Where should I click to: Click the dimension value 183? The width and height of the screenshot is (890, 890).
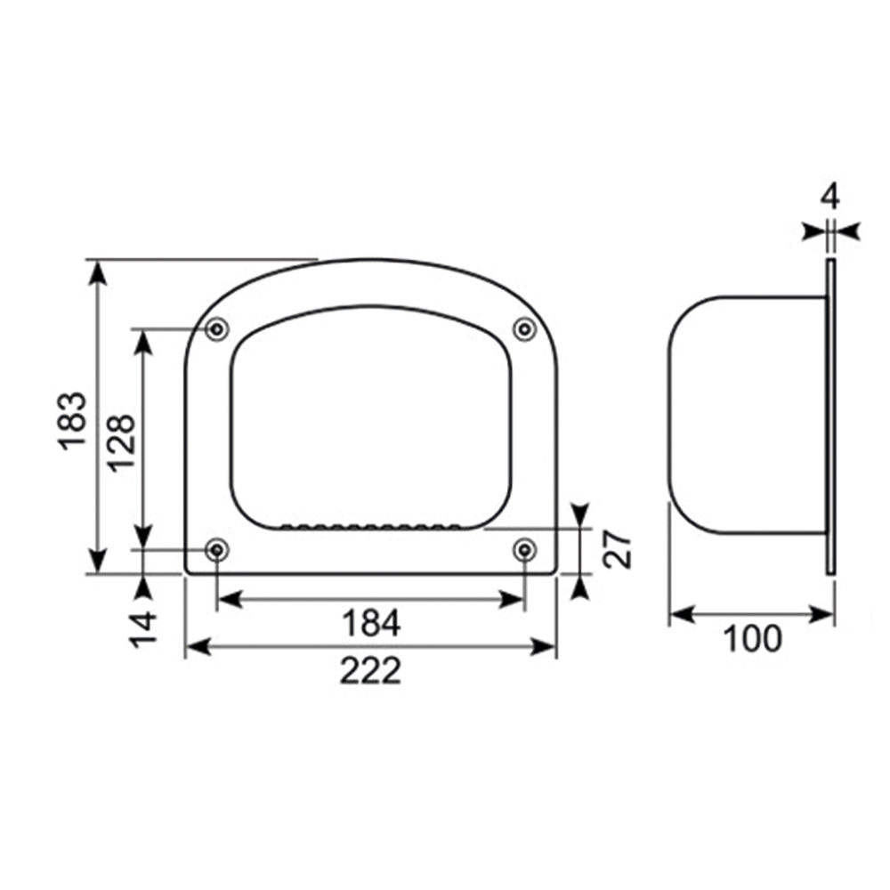tap(73, 419)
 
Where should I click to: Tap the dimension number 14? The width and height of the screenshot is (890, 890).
tap(142, 628)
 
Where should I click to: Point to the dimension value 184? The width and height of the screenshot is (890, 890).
tap(371, 624)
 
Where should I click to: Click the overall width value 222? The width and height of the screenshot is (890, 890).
tap(370, 671)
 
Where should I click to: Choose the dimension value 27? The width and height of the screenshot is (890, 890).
tap(618, 550)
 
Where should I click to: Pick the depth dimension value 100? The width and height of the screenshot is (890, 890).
tap(751, 638)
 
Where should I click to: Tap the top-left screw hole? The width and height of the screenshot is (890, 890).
tap(215, 329)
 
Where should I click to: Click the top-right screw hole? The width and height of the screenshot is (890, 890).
tap(524, 329)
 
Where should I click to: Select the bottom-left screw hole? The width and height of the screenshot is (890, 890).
tap(215, 550)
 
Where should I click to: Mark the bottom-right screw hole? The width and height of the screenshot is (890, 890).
tap(524, 550)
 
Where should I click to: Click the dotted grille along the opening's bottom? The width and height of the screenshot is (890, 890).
tap(370, 527)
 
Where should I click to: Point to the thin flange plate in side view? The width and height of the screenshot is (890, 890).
tap(829, 417)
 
